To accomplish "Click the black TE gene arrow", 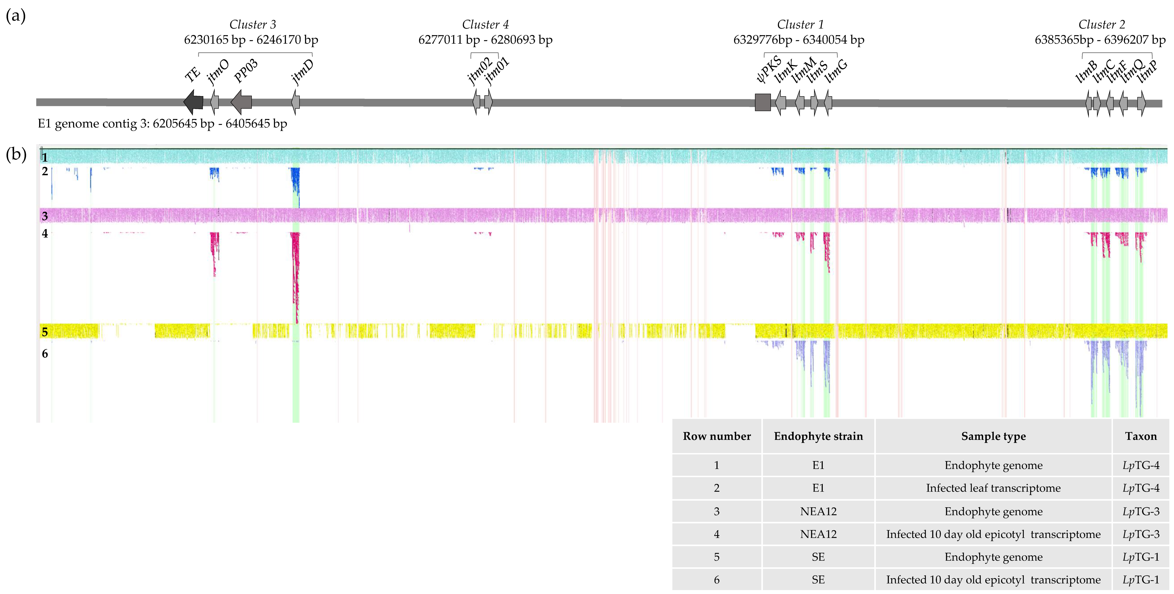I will (193, 102).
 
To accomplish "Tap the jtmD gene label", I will (303, 72).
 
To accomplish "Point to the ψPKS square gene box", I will (763, 102).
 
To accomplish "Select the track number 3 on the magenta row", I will (45, 216).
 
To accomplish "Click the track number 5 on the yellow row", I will (45, 332).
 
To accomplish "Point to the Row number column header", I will (716, 436).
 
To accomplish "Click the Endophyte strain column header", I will (818, 436).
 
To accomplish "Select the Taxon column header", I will (1141, 436).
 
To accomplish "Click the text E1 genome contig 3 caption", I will (162, 124).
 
